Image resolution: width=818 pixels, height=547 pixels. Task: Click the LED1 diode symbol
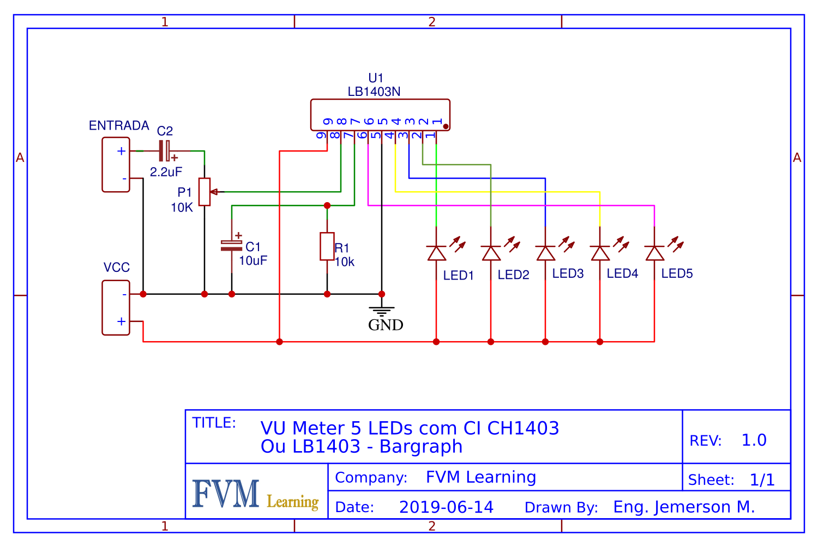click(436, 253)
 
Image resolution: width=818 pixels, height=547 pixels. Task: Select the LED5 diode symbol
click(654, 253)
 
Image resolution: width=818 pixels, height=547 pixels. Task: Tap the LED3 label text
click(568, 273)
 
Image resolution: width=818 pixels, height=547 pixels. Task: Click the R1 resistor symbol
click(327, 246)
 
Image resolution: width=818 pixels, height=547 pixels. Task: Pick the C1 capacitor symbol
click(232, 246)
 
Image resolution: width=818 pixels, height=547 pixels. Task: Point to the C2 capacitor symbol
click(165, 151)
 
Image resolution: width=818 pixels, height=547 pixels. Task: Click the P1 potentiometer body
click(204, 192)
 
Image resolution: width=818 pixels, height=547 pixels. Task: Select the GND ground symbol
click(382, 312)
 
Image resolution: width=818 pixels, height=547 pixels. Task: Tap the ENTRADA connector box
click(116, 165)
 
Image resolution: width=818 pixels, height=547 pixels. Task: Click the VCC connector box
click(116, 308)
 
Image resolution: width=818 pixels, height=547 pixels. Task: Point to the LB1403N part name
click(374, 92)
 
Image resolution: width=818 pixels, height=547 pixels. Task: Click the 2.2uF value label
click(166, 172)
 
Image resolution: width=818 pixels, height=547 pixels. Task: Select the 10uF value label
click(253, 260)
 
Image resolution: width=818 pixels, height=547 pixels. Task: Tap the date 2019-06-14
click(446, 507)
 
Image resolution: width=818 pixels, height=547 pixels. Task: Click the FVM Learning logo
click(255, 494)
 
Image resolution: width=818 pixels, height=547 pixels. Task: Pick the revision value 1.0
click(754, 440)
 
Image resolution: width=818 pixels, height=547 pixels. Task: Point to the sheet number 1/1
click(762, 480)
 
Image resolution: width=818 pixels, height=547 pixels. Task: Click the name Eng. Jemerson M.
click(684, 507)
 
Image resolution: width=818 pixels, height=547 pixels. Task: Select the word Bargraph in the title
click(421, 447)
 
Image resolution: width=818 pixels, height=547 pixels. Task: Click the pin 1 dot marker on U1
click(446, 126)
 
